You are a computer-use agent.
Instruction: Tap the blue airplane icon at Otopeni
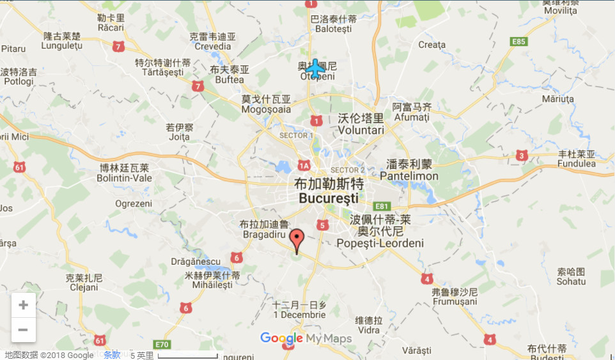point(314,68)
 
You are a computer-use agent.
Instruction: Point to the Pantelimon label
point(409,176)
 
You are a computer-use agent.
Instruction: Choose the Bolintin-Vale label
point(124,178)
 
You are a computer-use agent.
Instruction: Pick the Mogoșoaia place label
point(266,109)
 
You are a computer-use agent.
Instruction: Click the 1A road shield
point(303,166)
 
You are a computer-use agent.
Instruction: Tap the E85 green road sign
point(518,42)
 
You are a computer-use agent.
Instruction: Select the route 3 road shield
point(522,155)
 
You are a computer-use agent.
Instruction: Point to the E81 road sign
point(382,206)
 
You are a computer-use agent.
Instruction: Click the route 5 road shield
point(322,225)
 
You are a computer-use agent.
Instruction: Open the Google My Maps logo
point(306,338)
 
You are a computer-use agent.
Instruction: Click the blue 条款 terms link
point(112,355)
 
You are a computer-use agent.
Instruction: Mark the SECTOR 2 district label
point(347,170)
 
